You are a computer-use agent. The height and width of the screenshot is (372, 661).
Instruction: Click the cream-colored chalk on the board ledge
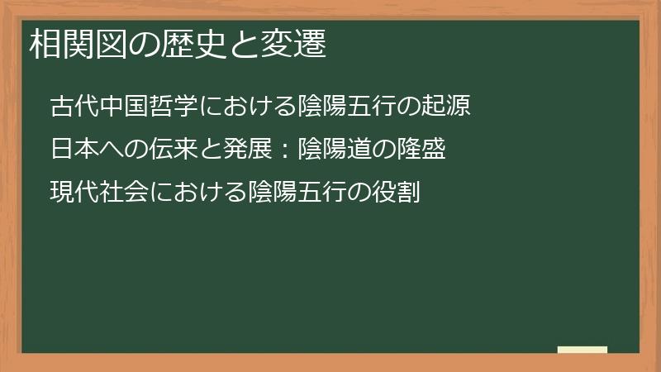coord(583,350)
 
